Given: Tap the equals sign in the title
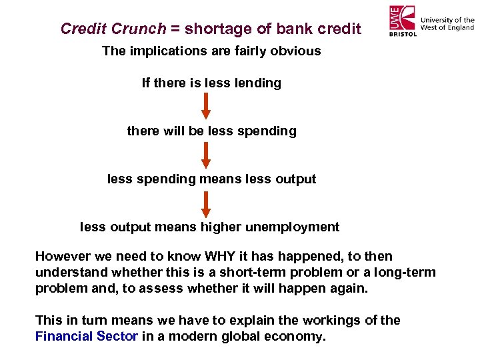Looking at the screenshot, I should pos(175,29).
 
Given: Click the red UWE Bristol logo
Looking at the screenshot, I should pos(403,21).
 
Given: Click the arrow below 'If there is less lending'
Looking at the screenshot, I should pos(206,105).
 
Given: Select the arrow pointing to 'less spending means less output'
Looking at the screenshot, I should pos(206,154).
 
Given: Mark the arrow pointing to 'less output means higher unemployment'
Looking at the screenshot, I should pos(206,203).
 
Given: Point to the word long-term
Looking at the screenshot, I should pos(405,273).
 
